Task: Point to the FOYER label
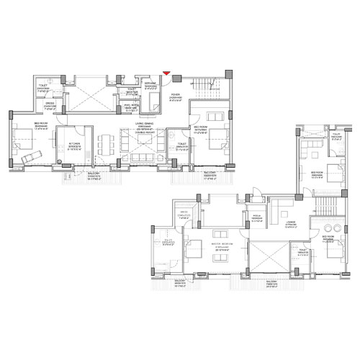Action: (175, 94)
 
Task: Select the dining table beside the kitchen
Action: (105, 144)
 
